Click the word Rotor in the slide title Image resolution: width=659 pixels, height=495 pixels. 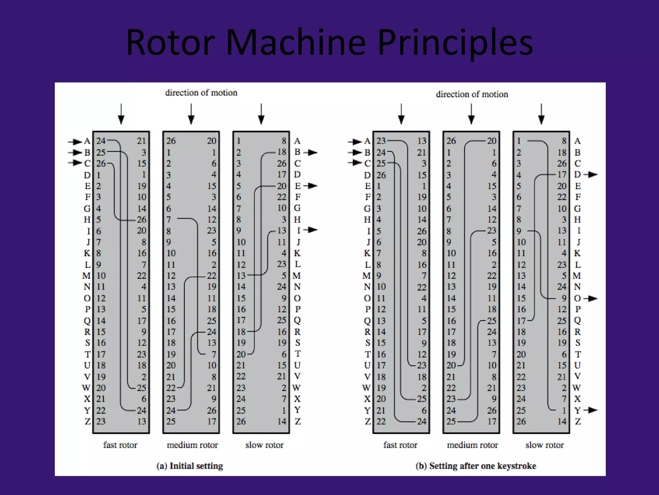[x=170, y=43]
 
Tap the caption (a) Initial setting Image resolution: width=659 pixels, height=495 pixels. [x=190, y=466]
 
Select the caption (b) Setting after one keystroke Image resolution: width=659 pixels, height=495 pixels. [x=476, y=466]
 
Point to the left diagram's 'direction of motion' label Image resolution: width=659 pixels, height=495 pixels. [x=201, y=93]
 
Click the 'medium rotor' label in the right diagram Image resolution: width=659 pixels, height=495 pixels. [x=472, y=445]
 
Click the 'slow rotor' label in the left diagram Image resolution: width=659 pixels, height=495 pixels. [x=264, y=445]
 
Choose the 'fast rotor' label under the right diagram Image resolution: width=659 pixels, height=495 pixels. [x=400, y=445]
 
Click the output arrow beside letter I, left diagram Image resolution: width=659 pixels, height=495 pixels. [x=311, y=230]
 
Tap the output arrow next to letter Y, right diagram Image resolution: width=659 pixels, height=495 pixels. [x=591, y=410]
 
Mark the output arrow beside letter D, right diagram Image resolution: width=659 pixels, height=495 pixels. [x=591, y=175]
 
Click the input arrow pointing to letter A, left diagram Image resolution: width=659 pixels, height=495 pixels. [x=75, y=141]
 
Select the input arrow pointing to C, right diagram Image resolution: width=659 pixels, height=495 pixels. [x=355, y=163]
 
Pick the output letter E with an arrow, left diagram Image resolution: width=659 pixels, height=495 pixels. [x=298, y=186]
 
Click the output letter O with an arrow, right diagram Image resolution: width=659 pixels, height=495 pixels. [x=578, y=298]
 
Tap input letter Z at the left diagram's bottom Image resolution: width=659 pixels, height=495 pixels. [x=88, y=421]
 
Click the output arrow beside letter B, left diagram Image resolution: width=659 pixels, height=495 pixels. [x=311, y=152]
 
